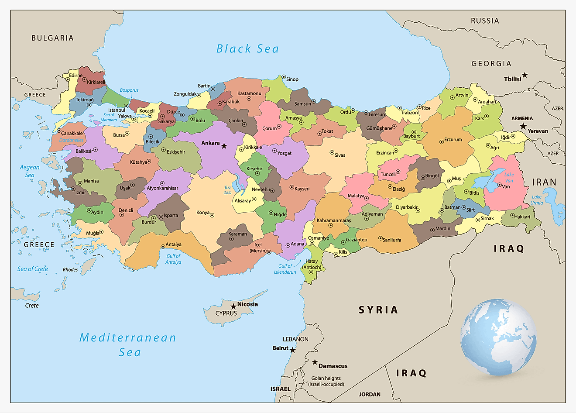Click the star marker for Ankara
[224, 146]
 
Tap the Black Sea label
[247, 49]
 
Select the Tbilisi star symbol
[525, 75]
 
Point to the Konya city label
[203, 213]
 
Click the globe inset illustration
[498, 337]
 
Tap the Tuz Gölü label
[227, 190]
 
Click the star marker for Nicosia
[233, 306]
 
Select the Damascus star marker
[315, 362]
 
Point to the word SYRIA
[378, 310]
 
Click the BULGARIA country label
[52, 38]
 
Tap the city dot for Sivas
[332, 153]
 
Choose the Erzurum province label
[453, 140]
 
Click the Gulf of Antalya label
[173, 259]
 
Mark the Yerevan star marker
[523, 126]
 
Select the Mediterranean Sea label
[128, 344]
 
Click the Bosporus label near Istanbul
[129, 90]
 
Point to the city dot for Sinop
[283, 77]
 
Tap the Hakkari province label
[522, 217]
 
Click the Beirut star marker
[292, 350]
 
